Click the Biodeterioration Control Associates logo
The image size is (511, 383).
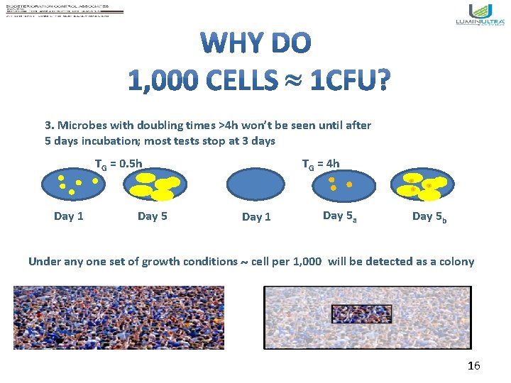point(65,12)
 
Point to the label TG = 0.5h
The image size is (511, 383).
point(119,165)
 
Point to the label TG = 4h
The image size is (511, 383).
point(321,164)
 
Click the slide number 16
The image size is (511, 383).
point(473,366)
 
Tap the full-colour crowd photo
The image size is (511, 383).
point(119,317)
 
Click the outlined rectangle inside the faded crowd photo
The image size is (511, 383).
point(361,313)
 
